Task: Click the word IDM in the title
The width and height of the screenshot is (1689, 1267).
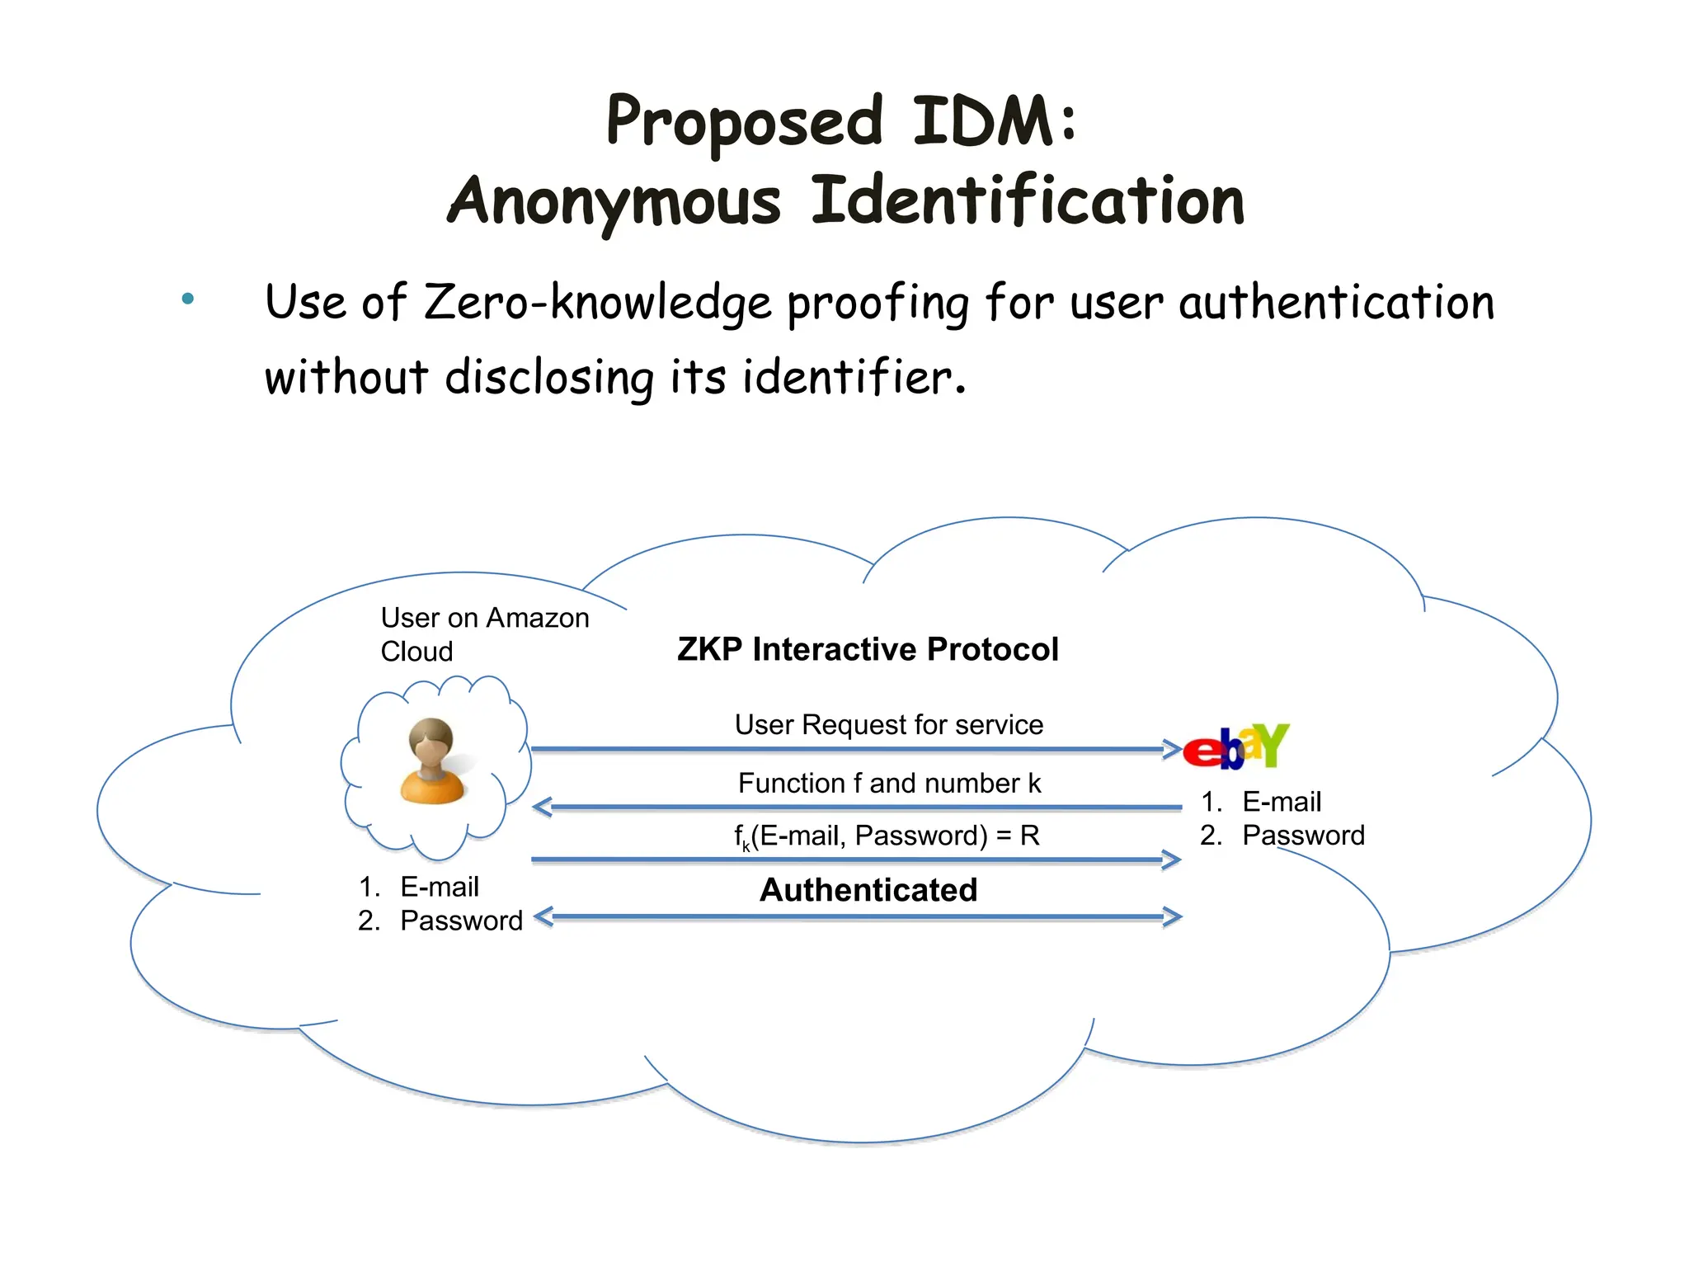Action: pos(983,122)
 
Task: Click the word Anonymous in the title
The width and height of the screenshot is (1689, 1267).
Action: pos(614,202)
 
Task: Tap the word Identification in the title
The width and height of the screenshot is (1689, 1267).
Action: pos(1028,200)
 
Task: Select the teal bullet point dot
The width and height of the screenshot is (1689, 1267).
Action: pos(188,299)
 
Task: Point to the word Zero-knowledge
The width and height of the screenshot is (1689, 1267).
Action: pos(597,303)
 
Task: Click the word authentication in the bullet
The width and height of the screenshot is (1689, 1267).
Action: pos(1336,303)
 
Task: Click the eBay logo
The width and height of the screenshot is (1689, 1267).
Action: pos(1235,747)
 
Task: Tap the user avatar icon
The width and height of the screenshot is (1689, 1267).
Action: pos(432,761)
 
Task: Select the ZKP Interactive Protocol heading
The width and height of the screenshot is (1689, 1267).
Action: pos(868,649)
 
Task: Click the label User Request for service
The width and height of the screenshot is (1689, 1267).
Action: pos(888,725)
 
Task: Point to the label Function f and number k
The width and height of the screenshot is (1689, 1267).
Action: pos(889,783)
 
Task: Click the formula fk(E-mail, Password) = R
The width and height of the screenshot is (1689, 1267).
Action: pos(887,836)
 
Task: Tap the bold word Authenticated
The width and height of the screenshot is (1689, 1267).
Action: pos(868,890)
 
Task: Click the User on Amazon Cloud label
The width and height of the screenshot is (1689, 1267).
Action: pos(484,634)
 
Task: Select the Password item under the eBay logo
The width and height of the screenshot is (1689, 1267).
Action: pos(1302,836)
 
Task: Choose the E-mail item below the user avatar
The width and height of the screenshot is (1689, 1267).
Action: pos(439,887)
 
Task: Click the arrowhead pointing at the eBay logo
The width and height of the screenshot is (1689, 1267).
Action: pos(1172,750)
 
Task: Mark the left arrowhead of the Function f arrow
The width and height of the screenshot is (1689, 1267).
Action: pos(543,808)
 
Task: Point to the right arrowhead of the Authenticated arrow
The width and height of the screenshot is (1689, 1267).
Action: pos(1172,916)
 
